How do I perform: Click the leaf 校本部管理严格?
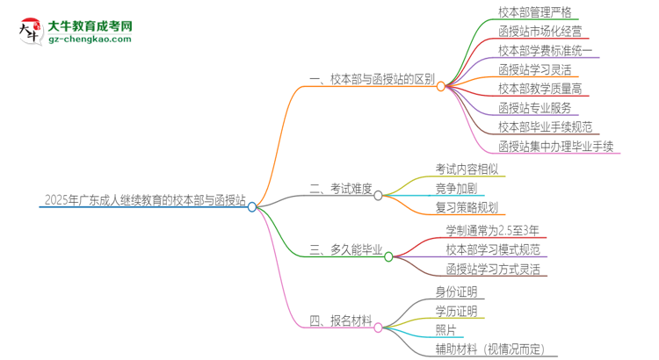[534, 13]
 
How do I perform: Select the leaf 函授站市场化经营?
[540, 32]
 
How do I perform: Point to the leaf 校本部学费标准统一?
[547, 51]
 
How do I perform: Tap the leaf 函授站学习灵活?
[534, 69]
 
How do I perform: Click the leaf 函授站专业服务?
[534, 108]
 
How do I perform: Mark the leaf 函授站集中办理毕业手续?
[556, 146]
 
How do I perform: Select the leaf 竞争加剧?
[458, 188]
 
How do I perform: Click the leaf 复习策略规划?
[466, 207]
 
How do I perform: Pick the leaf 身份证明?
[456, 292]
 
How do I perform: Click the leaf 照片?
[445, 330]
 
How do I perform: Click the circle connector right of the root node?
[252, 207]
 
